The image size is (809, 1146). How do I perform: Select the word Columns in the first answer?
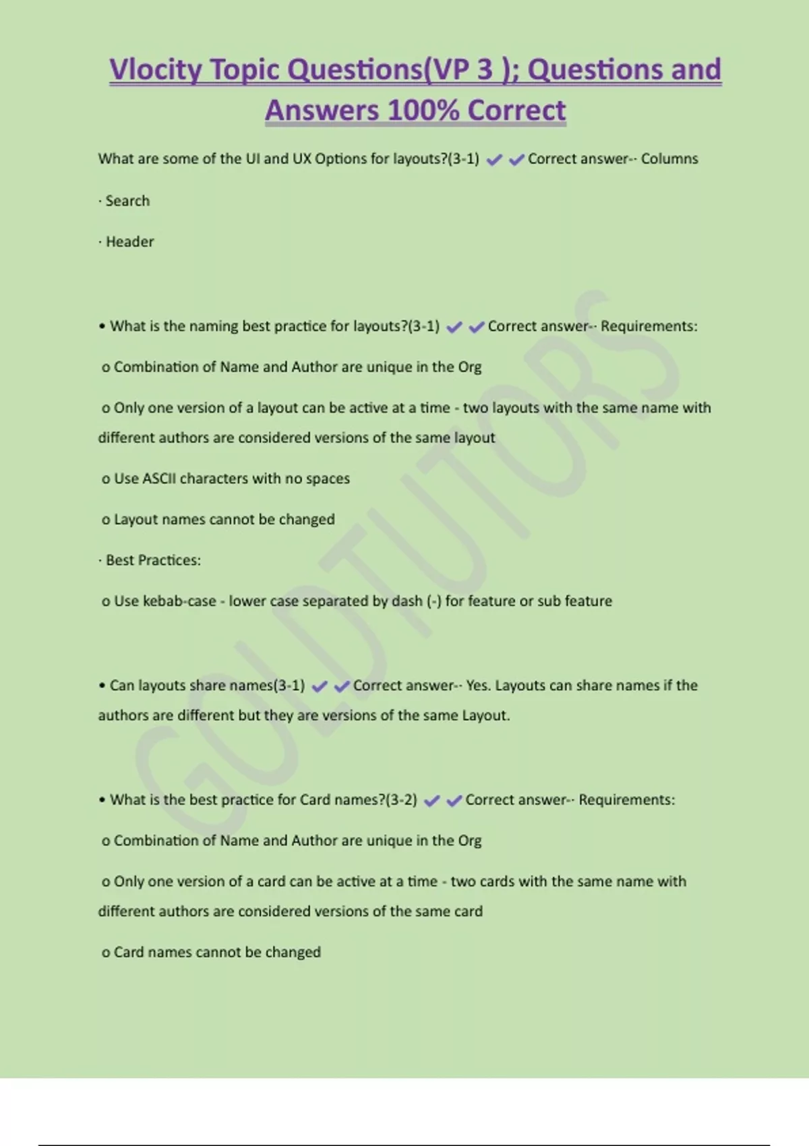[x=669, y=159]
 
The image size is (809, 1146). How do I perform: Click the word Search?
[x=127, y=201]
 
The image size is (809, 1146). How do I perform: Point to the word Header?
[x=129, y=242]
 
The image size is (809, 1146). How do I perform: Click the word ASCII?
[x=159, y=479]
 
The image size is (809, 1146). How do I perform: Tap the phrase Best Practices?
[x=153, y=560]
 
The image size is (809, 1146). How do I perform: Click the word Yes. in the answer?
[x=478, y=686]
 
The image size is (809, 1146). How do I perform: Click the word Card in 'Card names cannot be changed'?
[x=129, y=953]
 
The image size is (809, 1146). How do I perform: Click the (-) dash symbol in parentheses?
[x=434, y=601]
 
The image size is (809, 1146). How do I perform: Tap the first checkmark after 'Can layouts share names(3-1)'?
[x=320, y=686]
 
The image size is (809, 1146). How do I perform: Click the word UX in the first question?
[x=301, y=159]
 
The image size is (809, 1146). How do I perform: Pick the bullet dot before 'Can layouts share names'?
[x=102, y=686]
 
